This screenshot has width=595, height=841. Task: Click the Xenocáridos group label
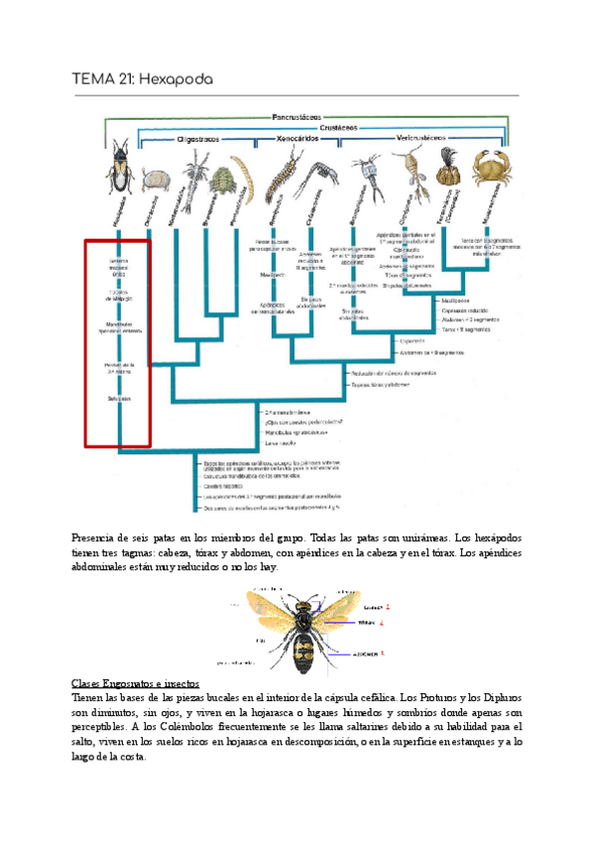tap(300, 140)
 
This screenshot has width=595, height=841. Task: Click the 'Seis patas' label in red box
tap(119, 399)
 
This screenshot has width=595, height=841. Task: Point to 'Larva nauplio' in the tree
tap(283, 443)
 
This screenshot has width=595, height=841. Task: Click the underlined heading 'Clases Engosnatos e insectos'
tap(136, 684)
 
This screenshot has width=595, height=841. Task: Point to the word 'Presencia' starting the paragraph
tap(95, 537)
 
